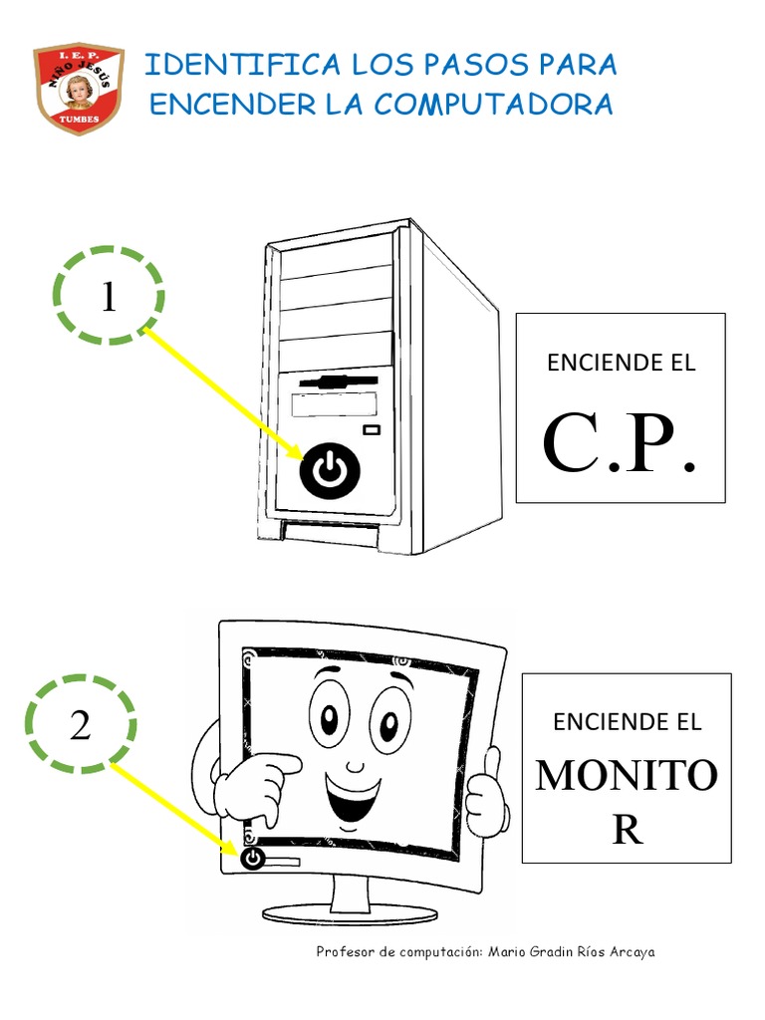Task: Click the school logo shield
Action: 79,89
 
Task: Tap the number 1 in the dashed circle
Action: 109,297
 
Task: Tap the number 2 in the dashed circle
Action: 81,726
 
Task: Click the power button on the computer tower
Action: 328,470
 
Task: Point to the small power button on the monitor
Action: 252,857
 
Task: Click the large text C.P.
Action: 619,445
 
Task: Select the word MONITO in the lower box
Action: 626,776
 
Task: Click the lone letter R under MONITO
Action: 627,830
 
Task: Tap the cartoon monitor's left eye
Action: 328,713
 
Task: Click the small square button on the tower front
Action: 372,429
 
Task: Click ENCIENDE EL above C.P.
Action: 620,363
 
